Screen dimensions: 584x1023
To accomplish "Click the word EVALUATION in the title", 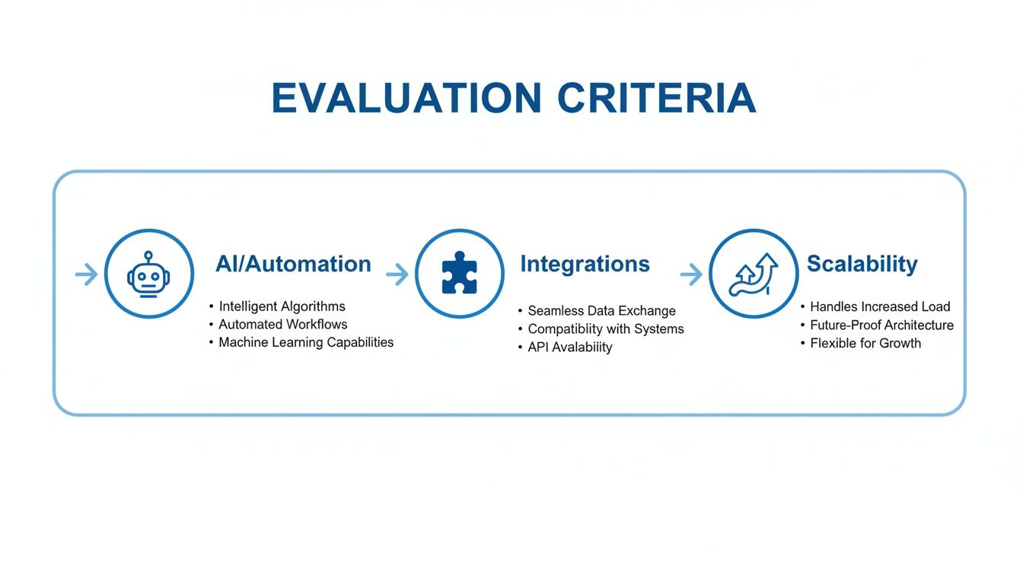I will (406, 98).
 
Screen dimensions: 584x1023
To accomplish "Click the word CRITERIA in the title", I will (656, 98).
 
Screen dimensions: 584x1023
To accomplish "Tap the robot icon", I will (149, 274).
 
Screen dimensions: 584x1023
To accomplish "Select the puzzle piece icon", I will (459, 274).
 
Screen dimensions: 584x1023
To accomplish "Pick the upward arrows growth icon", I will (754, 274).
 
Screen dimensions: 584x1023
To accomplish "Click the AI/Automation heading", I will (293, 264).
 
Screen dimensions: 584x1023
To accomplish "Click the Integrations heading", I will (585, 264).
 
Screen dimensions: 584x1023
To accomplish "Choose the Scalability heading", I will (862, 264).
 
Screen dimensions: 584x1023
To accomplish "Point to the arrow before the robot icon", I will (86, 275).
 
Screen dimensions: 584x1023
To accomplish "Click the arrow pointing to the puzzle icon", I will (397, 275).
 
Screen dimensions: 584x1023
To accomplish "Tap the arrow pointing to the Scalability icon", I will (690, 275).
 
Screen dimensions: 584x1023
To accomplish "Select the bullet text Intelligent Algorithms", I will (282, 306).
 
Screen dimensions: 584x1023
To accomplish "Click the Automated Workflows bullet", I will (282, 325).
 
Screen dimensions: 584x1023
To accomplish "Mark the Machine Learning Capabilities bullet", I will (306, 342).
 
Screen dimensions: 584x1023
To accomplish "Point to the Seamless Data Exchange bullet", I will (601, 311).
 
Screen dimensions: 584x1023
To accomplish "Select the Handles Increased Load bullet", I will (880, 307).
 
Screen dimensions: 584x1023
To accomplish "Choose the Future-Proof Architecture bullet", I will (881, 325).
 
